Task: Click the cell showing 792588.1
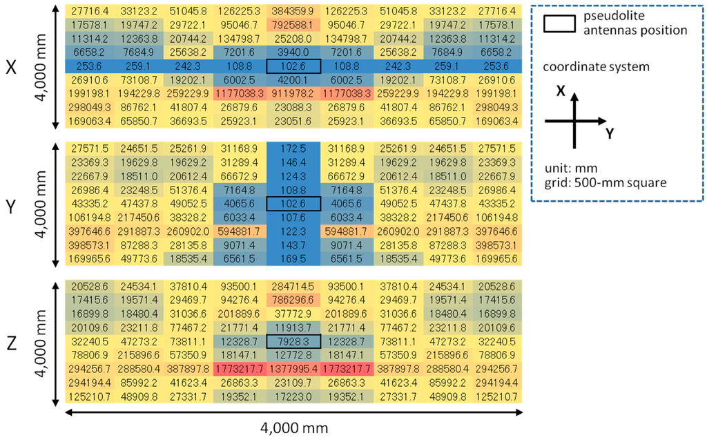(x=293, y=25)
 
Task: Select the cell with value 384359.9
(x=293, y=12)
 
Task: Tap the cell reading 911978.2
(x=293, y=93)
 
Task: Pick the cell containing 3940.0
(x=293, y=52)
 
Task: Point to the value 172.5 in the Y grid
(x=293, y=149)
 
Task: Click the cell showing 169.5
(x=293, y=258)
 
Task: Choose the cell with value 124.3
(x=293, y=176)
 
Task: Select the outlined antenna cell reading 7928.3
(x=293, y=341)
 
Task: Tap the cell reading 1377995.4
(x=293, y=368)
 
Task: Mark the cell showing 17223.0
(x=293, y=396)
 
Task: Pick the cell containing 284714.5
(x=293, y=287)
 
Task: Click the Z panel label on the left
(x=10, y=341)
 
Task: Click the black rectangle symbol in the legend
(x=562, y=25)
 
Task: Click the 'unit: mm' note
(x=570, y=167)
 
